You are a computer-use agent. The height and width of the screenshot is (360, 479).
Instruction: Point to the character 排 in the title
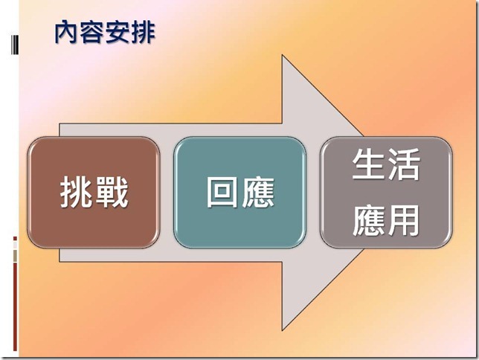[143, 32]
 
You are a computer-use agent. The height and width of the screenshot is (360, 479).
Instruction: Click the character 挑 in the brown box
[77, 193]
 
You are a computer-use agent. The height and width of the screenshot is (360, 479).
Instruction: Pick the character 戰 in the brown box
[112, 193]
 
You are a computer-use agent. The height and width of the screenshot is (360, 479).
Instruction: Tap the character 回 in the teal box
[222, 192]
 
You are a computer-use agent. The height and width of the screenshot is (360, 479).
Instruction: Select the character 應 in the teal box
[258, 193]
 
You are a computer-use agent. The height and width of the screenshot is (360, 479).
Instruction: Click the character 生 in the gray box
[368, 164]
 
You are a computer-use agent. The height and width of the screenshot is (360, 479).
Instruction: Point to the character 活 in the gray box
[403, 164]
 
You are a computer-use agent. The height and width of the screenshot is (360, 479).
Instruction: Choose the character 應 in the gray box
[368, 220]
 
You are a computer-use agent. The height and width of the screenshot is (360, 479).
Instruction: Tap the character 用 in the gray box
[403, 220]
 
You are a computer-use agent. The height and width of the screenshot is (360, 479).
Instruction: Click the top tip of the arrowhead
[282, 55]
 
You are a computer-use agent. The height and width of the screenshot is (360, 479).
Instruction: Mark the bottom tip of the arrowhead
[282, 330]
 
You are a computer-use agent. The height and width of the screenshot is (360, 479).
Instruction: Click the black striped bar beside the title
[14, 45]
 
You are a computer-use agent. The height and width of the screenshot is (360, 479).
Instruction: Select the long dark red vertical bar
[15, 307]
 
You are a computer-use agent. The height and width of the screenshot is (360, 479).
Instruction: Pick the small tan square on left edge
[15, 256]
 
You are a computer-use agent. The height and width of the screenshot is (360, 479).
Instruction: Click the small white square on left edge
[15, 245]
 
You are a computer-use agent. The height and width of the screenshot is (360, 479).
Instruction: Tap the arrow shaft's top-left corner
[60, 123]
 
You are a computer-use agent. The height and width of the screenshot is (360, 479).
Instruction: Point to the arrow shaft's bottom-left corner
[60, 262]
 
